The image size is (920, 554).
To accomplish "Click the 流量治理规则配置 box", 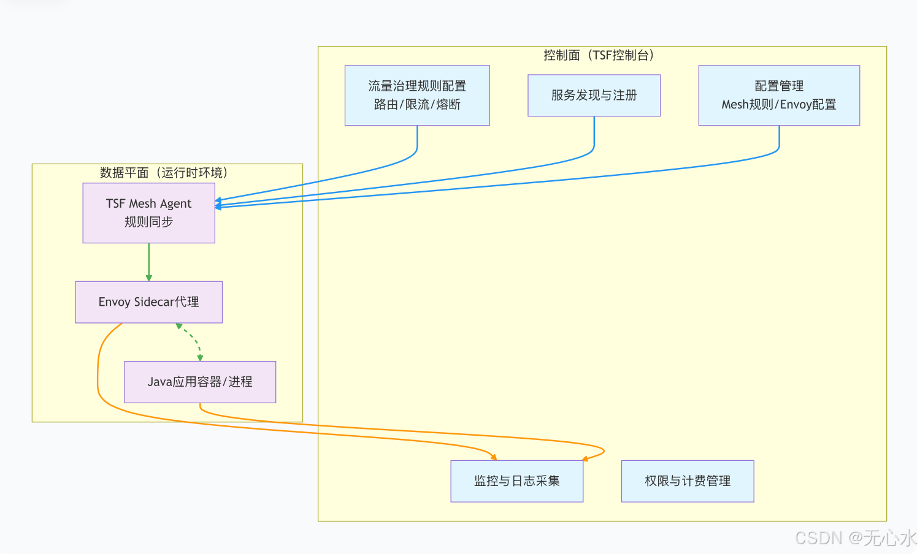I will (417, 95).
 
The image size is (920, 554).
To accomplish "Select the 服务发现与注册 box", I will (594, 95).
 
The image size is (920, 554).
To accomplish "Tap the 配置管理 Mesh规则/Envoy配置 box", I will (779, 95).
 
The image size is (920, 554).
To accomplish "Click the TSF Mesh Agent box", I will (148, 213).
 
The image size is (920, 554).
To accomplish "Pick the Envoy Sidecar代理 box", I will (148, 302).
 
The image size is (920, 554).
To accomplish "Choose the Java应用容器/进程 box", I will (200, 382).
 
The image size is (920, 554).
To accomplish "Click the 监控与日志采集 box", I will (516, 481).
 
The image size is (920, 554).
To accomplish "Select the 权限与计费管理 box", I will (687, 481).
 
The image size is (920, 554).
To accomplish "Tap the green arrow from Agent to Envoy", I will (148, 262).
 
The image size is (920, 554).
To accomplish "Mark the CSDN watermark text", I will (855, 538).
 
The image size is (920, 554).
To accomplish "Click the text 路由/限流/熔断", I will (417, 105).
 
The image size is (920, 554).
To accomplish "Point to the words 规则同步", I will (148, 222).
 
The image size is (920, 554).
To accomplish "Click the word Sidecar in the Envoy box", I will (154, 302).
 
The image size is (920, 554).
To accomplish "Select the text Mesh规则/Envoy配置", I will (779, 105).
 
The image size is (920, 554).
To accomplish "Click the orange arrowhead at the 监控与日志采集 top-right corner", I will (585, 458).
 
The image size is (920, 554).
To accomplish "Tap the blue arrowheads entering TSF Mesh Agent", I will (218, 204).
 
